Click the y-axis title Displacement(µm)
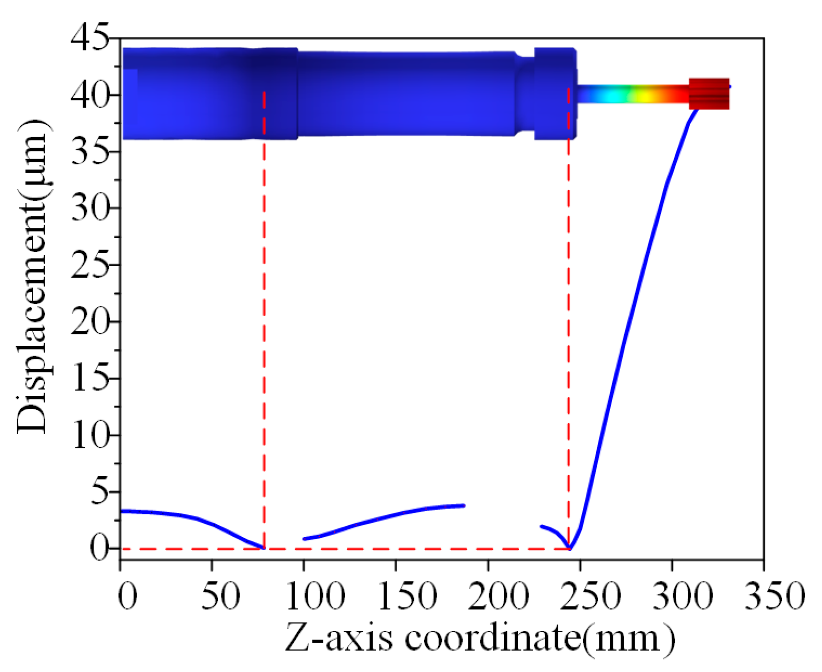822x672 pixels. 32,277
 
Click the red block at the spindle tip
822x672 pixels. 709,94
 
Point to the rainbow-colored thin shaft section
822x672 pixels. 633,94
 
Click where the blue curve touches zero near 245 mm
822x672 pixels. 570,548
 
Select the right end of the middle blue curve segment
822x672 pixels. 464,505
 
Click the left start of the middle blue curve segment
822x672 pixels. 305,538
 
